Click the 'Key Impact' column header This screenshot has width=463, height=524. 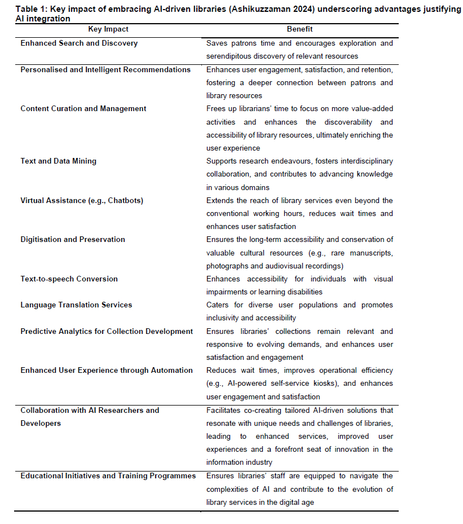[108, 29]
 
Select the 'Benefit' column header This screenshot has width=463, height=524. [299, 29]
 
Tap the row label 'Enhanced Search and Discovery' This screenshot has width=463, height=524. [79, 43]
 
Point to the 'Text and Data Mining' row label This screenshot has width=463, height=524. [58, 161]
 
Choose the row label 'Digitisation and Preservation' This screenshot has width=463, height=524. [73, 240]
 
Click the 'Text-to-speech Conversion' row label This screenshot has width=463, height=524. [69, 279]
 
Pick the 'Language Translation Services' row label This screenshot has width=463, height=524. [76, 305]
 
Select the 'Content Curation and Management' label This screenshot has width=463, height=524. [83, 109]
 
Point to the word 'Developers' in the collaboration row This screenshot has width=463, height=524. [41, 424]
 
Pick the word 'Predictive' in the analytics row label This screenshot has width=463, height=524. [39, 332]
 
